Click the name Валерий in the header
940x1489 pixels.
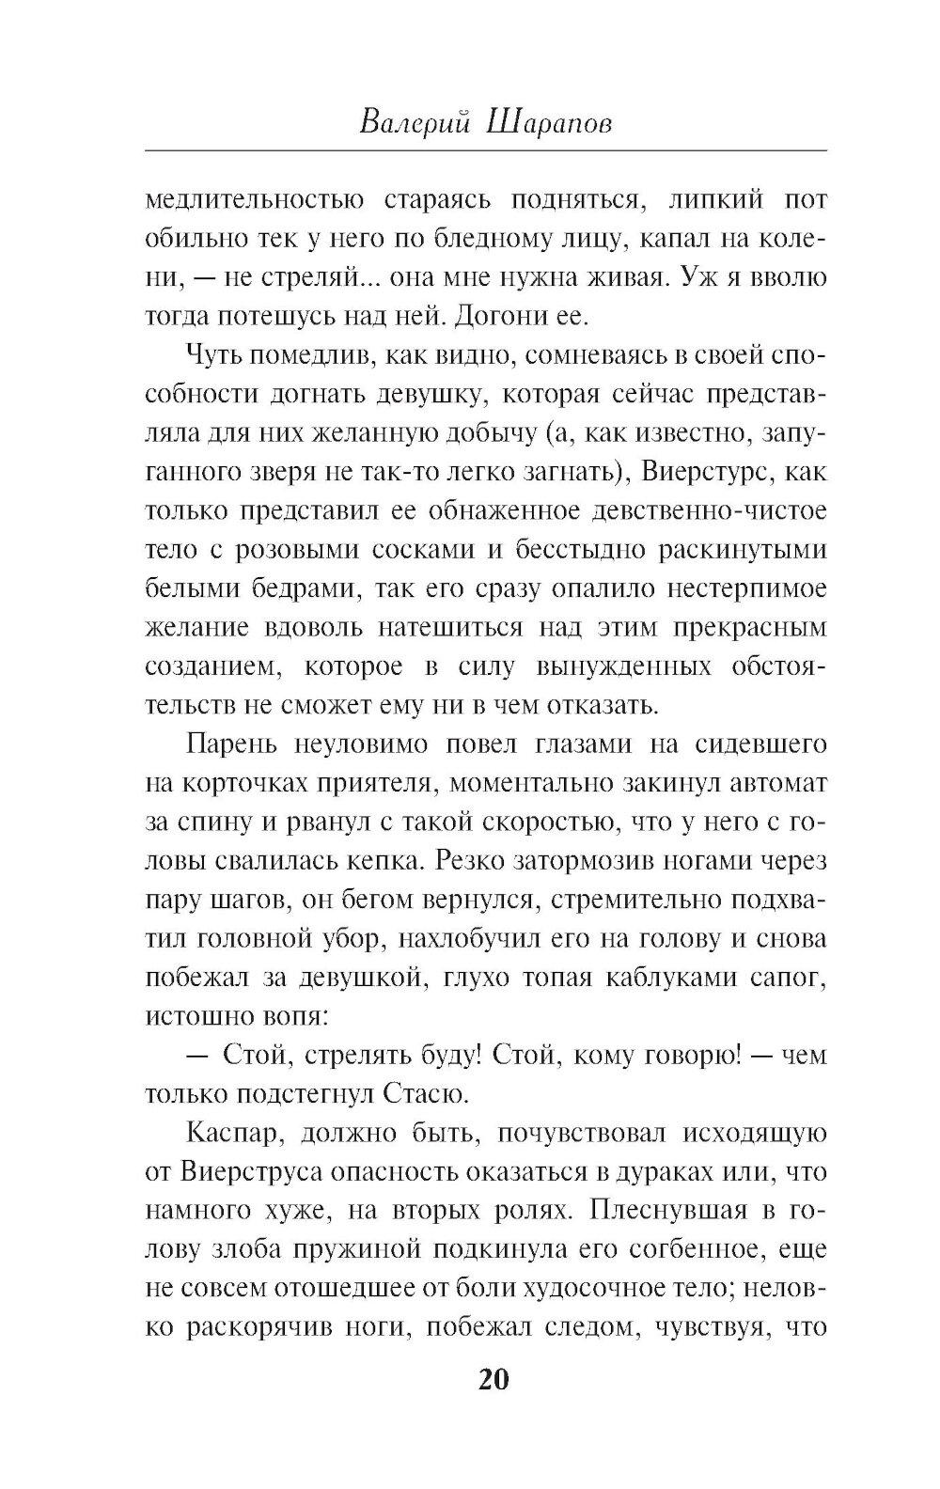[409, 123]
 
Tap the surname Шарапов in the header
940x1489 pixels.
[549, 123]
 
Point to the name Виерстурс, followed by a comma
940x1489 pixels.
[723, 473]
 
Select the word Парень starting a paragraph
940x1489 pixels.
[231, 744]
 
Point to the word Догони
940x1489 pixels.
[495, 317]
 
